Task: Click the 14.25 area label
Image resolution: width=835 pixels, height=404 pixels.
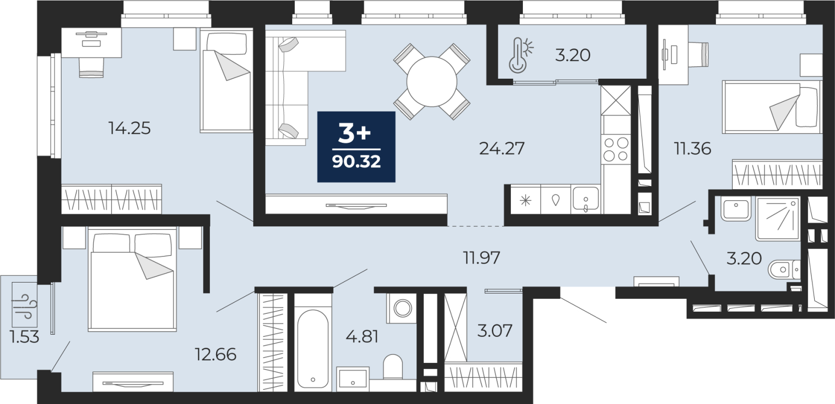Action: point(129,128)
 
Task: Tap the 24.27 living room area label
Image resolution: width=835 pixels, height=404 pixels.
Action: point(502,149)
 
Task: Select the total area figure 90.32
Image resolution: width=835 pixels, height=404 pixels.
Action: point(356,162)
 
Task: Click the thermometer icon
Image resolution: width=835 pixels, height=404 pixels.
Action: point(521,55)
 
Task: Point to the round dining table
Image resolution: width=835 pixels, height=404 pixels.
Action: point(432,82)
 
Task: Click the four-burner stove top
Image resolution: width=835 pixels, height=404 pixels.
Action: point(615,150)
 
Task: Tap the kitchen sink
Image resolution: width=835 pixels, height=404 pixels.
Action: point(585,199)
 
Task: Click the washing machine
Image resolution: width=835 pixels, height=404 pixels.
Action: point(402,308)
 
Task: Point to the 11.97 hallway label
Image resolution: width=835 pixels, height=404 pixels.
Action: point(481,258)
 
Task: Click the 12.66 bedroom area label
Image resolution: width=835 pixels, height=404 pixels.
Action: point(216,354)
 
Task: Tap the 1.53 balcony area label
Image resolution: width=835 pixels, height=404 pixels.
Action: point(25,337)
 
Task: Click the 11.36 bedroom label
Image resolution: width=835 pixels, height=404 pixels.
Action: point(693,149)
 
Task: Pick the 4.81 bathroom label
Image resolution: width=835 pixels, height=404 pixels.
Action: point(362,337)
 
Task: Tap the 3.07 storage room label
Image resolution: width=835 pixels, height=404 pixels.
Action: point(495,330)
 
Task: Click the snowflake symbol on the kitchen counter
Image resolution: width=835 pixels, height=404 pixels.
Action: point(526,201)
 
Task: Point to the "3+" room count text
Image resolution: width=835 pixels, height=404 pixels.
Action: point(354,134)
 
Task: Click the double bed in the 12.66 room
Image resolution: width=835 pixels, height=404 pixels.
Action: point(133,279)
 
